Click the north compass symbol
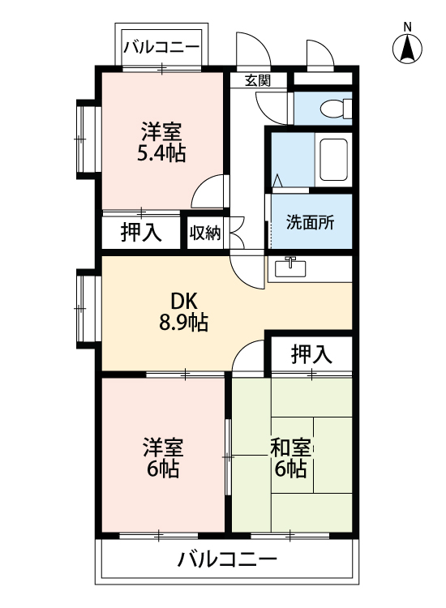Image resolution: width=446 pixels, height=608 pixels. tap(407, 49)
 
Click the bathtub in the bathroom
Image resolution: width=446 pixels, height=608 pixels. tap(332, 159)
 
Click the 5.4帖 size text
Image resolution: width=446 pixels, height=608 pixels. tap(161, 152)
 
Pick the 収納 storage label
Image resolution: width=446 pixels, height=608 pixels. tap(205, 233)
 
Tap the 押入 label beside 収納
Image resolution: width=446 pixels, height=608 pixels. tap(140, 233)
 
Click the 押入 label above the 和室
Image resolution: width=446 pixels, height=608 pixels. tap(311, 353)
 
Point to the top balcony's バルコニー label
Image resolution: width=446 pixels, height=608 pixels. tap(161, 48)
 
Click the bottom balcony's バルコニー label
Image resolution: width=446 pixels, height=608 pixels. tap(227, 559)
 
